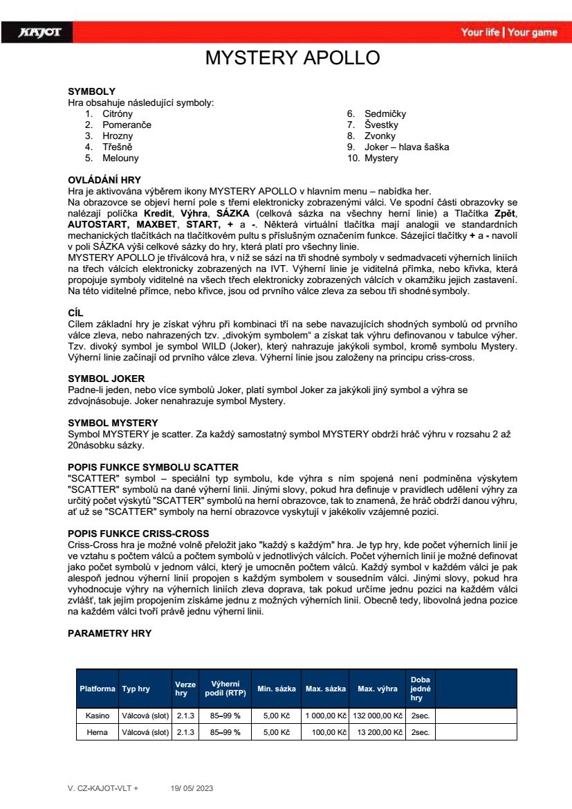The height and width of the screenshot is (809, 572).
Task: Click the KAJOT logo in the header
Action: point(41,32)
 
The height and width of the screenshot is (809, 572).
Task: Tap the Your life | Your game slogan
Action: point(508,33)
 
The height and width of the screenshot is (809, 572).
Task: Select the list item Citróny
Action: point(118,113)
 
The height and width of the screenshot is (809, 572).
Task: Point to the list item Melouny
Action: point(120,158)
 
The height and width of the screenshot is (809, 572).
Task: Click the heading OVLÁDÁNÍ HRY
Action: point(104,180)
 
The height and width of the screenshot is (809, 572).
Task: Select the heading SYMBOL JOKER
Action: point(106,379)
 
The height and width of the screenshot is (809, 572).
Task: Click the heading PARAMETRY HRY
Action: point(109,633)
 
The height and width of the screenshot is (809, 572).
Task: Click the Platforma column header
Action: point(98,689)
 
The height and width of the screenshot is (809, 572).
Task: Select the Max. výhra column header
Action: point(377,689)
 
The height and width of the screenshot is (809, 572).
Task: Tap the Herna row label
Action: point(98,732)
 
